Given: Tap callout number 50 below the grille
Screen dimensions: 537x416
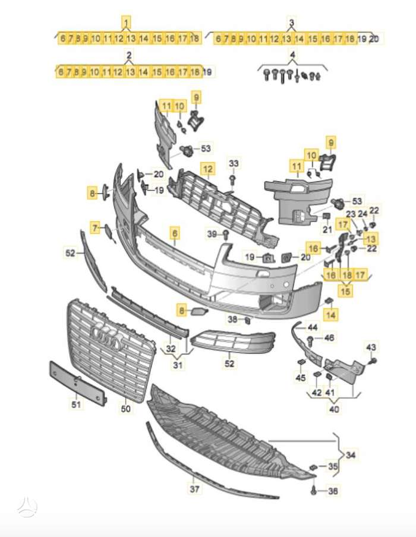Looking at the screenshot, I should [126, 409].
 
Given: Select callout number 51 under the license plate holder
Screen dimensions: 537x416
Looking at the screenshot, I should [75, 405].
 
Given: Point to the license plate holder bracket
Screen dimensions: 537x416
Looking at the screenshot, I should [76, 383].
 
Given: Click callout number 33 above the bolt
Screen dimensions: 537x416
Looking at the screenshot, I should [234, 163].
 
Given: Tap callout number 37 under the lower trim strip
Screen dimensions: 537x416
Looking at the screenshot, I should [194, 489].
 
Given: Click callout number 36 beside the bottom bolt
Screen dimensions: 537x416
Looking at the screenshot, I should [332, 491].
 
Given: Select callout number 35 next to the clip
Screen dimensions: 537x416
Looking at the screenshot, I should [332, 467].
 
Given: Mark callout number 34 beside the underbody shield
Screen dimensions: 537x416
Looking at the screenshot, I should [352, 456].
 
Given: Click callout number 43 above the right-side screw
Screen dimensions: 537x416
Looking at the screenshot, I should [371, 347].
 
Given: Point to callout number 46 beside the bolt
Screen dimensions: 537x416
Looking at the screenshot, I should [329, 339].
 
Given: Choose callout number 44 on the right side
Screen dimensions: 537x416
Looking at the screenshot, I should [313, 327].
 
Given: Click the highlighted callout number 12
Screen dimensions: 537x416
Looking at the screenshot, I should [207, 169].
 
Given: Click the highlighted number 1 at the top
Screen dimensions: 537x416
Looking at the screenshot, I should [127, 24].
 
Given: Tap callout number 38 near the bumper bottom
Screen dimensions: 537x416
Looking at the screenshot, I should [233, 320].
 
